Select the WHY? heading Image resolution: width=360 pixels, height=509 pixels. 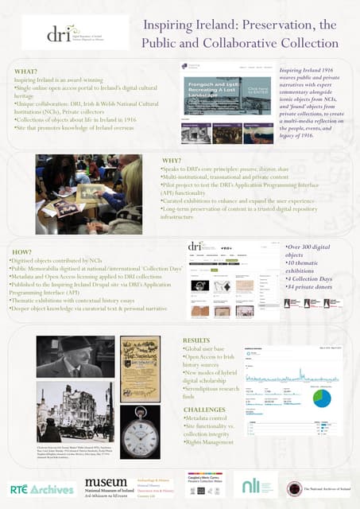tap(171, 161)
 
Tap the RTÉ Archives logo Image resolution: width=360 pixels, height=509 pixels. tap(41, 487)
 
